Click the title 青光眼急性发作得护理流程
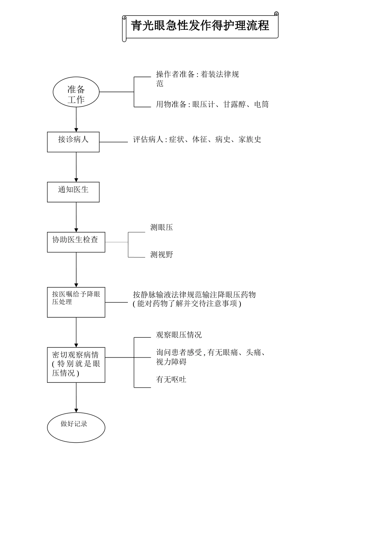(x=200, y=26)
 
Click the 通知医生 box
(x=73, y=192)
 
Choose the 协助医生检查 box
(x=76, y=242)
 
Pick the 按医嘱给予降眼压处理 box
(x=76, y=302)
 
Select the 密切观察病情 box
(x=76, y=365)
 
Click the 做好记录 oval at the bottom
(x=76, y=427)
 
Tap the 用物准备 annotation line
(x=212, y=105)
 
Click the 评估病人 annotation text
(x=197, y=140)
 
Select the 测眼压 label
(x=162, y=227)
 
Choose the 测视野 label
(x=162, y=255)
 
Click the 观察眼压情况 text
(x=179, y=335)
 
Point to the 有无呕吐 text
(x=171, y=380)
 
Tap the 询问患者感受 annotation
(x=211, y=357)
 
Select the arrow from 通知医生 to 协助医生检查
(x=76, y=217)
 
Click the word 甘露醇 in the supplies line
(x=234, y=105)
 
